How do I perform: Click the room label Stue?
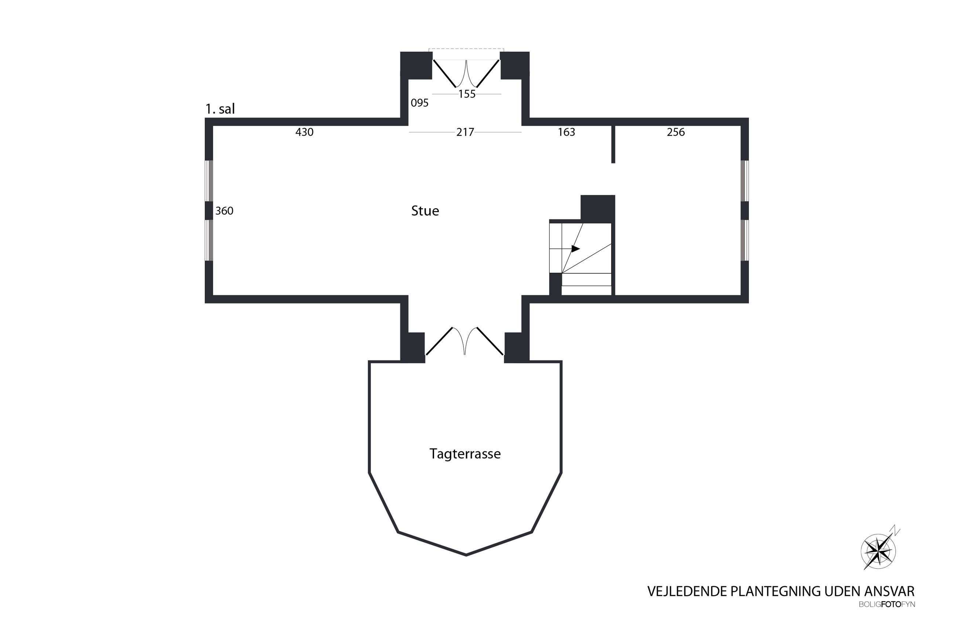(x=425, y=211)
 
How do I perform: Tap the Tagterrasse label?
(x=465, y=454)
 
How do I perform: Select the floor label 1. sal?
(x=220, y=109)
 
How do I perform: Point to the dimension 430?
(x=304, y=132)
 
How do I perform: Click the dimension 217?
(x=465, y=132)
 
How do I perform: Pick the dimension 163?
(x=567, y=132)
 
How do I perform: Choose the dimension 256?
(x=676, y=132)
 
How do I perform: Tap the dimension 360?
(x=224, y=211)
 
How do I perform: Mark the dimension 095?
(x=420, y=103)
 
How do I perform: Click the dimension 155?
(x=467, y=94)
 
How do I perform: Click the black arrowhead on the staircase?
(x=576, y=249)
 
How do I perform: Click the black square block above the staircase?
(x=598, y=208)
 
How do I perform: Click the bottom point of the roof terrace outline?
(x=466, y=555)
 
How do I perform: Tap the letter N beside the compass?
(x=895, y=531)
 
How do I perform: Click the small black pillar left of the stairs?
(x=556, y=284)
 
